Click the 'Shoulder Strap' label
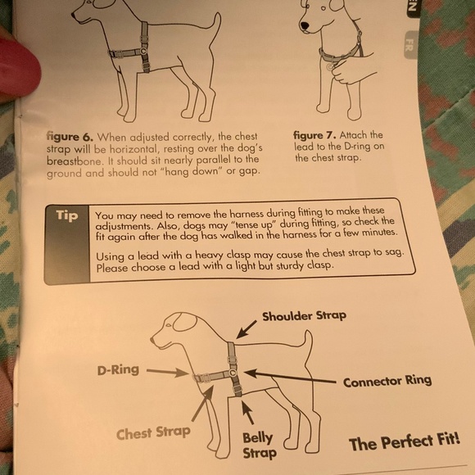click(304, 316)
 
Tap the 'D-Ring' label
click(118, 370)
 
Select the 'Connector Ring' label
click(387, 381)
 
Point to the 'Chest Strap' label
click(153, 432)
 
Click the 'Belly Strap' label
click(260, 446)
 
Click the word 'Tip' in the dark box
click(67, 215)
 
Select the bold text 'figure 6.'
click(70, 137)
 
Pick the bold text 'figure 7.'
click(314, 135)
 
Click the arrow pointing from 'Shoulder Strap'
click(247, 329)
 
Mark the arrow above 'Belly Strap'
click(247, 412)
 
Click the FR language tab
click(410, 44)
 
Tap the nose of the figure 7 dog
click(304, 26)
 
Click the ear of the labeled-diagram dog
click(185, 323)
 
